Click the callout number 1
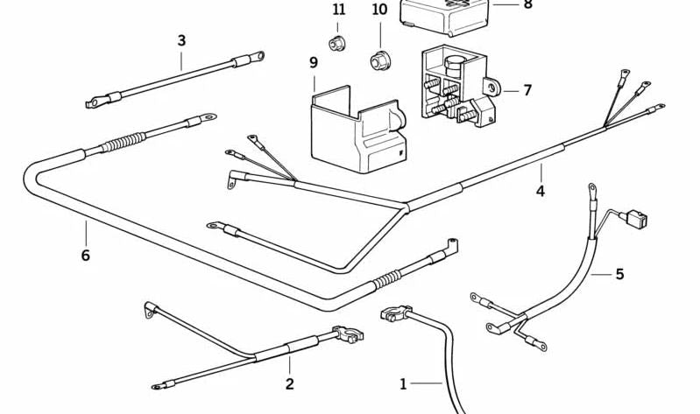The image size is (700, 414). pos(404,383)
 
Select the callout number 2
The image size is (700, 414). pos(289,383)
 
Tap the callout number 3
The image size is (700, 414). pos(181,40)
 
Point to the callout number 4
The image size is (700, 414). pos(541,191)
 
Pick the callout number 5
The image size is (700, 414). pos(619,274)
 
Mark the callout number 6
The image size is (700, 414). pos(85,256)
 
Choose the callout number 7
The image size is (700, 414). pos(527,90)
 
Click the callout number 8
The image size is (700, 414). pos(527,4)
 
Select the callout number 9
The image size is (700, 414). pos(314,63)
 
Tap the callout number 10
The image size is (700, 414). pos(379,10)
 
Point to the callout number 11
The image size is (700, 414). pos(339,10)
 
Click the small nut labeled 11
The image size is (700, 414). pos(336,43)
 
